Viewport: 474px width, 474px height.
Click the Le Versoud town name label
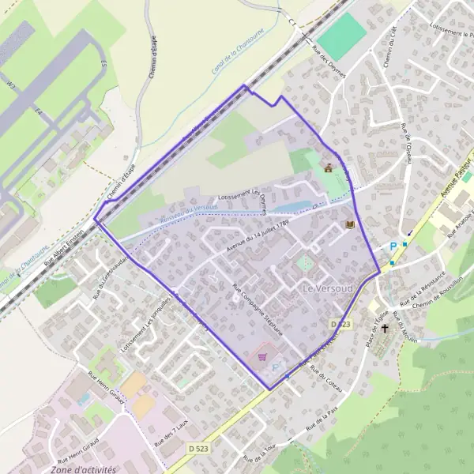click(327, 289)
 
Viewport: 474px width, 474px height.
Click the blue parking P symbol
click(393, 246)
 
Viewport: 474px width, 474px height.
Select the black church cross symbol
click(386, 325)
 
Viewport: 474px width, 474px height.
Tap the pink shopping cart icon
click(261, 356)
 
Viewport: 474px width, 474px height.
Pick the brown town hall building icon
click(329, 167)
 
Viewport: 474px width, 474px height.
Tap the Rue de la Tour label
click(263, 452)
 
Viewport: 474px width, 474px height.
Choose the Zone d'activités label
click(82, 469)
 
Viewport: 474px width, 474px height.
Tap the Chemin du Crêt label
click(387, 47)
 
